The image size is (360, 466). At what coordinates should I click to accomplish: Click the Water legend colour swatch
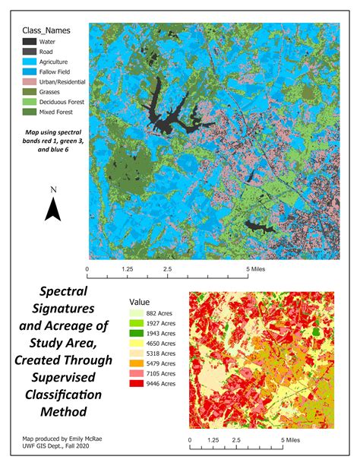30,41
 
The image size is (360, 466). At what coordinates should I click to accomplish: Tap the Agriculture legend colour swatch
30,61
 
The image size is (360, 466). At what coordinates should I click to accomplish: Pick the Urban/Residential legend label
68,81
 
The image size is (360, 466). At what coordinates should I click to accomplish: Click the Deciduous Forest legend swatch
30,100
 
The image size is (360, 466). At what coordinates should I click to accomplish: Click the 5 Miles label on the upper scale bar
255,269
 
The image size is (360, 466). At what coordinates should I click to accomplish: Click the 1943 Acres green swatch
137,333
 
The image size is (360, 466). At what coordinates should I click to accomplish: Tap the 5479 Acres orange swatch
137,363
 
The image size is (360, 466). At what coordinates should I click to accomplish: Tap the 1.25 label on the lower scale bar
213,439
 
